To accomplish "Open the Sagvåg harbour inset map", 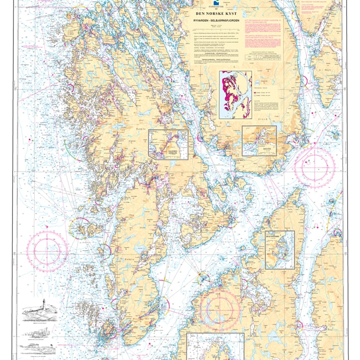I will coord(259,141).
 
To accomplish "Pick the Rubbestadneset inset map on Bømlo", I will coord(169,145).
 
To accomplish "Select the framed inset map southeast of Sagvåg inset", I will coord(279,250).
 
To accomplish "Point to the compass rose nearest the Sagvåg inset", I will coord(315,166).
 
